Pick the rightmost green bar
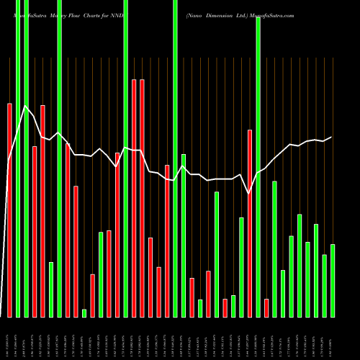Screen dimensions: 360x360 (x=333, y=281)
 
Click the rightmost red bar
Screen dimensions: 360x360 (x=266, y=308)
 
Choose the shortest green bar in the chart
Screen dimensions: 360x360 (x=84, y=313)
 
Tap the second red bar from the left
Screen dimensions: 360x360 (x=35, y=231)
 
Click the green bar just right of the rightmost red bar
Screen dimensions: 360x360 (x=274, y=249)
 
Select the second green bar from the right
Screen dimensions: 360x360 (x=324, y=286)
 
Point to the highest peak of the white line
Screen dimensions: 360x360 (x=26, y=107)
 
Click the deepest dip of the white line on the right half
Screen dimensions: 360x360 (x=249, y=193)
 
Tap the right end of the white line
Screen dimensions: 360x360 (x=331, y=137)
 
